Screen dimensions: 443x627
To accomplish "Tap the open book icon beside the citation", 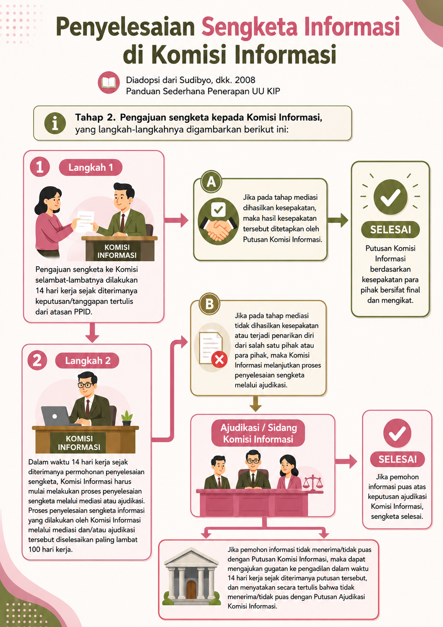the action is point(109,82).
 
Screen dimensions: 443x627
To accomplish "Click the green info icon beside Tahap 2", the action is point(55,123).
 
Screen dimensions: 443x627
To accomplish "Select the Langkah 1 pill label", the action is point(91,167).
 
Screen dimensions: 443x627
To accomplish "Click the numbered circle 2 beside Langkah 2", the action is point(37,360).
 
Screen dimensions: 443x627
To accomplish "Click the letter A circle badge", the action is point(211,182).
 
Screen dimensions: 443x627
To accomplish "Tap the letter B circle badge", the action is point(210,304).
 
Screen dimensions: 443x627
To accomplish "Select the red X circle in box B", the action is point(220,359).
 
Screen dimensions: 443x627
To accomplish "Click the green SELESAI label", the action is point(391,230).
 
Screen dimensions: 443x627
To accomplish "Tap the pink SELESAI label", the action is point(398,459).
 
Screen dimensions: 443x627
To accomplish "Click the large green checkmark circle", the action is point(391,197).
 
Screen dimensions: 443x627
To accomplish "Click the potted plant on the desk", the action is point(127,418).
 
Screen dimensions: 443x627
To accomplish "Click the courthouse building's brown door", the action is point(191,590).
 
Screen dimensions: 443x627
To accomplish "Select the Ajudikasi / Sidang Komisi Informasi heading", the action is point(258,433).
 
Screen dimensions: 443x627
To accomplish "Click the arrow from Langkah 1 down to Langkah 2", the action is point(92,333).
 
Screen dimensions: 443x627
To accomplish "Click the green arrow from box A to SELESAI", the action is point(338,220).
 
